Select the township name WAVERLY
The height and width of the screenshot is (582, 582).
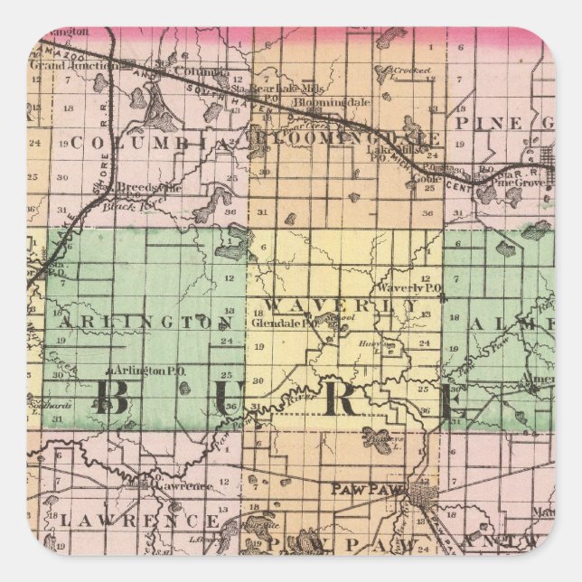click(x=341, y=305)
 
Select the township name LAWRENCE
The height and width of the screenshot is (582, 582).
click(x=139, y=522)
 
